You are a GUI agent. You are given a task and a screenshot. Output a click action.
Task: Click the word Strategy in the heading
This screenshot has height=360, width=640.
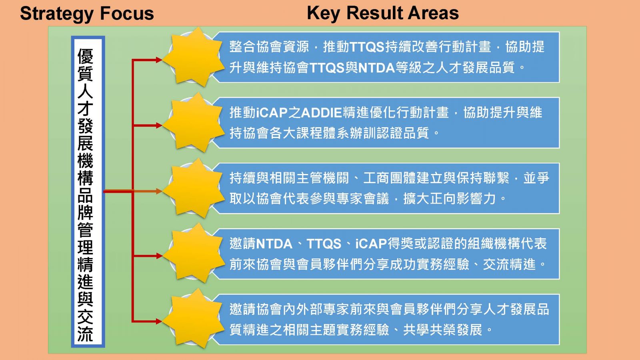pyautogui.click(x=57, y=14)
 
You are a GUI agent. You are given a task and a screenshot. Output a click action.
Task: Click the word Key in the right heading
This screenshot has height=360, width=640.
pyautogui.click(x=323, y=14)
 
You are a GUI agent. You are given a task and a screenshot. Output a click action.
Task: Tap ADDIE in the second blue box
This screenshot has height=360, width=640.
pyautogui.click(x=322, y=112)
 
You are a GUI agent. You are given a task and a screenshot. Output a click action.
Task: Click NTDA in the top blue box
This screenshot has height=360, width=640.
pyautogui.click(x=376, y=68)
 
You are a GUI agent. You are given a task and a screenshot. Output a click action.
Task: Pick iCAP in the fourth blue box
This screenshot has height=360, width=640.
pyautogui.click(x=371, y=244)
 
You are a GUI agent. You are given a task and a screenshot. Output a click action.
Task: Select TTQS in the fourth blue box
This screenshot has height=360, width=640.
pyautogui.click(x=324, y=244)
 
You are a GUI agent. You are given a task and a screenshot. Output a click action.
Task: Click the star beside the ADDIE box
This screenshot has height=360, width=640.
pyautogui.click(x=194, y=122)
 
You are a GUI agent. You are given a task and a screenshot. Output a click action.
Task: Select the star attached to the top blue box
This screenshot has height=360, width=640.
pyautogui.click(x=194, y=57)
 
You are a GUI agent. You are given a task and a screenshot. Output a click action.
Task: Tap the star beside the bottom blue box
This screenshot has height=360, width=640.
pyautogui.click(x=194, y=318)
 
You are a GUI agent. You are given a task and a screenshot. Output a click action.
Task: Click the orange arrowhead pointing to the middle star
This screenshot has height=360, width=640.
pyautogui.click(x=159, y=191)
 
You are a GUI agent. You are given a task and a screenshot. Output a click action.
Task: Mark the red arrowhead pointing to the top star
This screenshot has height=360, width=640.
pyautogui.click(x=159, y=60)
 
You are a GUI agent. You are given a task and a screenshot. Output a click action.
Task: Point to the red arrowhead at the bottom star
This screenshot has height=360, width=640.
pyautogui.click(x=159, y=322)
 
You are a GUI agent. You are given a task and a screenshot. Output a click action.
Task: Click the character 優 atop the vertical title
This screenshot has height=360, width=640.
pyautogui.click(x=86, y=56)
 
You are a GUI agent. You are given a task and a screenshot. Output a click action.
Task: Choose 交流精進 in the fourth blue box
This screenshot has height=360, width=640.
pyautogui.click(x=509, y=264)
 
